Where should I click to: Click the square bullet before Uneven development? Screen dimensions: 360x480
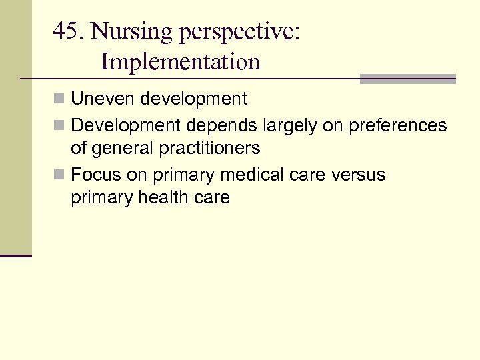pos(61,100)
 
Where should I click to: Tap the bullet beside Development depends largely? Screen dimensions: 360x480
pos(61,125)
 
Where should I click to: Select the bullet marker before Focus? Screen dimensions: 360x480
pos(61,175)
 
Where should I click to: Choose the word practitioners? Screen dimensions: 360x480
pos(209,148)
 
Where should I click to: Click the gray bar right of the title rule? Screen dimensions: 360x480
pos(407,79)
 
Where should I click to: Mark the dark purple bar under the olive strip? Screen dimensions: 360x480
pos(16,255)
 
